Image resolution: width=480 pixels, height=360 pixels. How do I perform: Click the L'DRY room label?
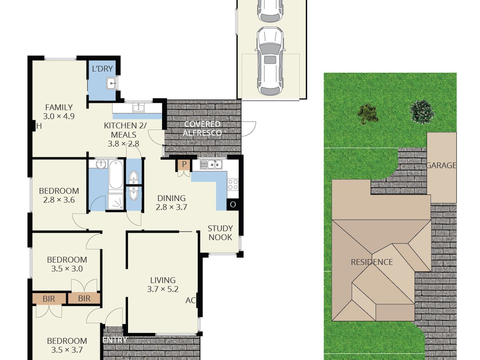pyautogui.click(x=102, y=69)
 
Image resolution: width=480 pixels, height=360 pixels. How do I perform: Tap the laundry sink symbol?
pyautogui.click(x=112, y=83)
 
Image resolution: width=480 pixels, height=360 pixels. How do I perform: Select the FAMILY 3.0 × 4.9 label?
pyautogui.click(x=59, y=112)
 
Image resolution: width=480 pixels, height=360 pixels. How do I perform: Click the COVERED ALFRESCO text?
pyautogui.click(x=202, y=128)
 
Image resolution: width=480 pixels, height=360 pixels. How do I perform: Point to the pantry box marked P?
pyautogui.click(x=184, y=164)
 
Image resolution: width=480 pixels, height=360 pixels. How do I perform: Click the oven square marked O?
pyautogui.click(x=233, y=204)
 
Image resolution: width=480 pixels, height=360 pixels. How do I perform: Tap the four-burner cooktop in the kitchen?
pyautogui.click(x=233, y=184)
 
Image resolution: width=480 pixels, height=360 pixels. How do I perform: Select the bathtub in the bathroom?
pyautogui.click(x=116, y=174)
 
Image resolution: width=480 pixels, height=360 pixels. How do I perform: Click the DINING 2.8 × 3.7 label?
pyautogui.click(x=172, y=203)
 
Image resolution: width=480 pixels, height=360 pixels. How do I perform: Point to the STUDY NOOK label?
pyautogui.click(x=220, y=233)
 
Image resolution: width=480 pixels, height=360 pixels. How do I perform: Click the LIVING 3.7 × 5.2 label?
pyautogui.click(x=163, y=284)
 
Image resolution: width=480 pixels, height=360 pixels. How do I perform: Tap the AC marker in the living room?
pyautogui.click(x=190, y=300)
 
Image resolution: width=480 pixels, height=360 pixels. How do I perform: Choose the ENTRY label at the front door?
pyautogui.click(x=115, y=340)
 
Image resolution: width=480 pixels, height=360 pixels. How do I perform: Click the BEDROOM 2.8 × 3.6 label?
pyautogui.click(x=59, y=196)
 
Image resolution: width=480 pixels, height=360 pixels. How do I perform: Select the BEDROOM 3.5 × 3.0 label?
pyautogui.click(x=67, y=264)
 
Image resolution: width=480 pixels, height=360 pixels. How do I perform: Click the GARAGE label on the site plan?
pyautogui.click(x=442, y=165)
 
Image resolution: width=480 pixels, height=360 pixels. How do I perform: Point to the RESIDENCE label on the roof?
pyautogui.click(x=372, y=262)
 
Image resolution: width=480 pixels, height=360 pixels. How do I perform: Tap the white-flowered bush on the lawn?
pyautogui.click(x=422, y=112)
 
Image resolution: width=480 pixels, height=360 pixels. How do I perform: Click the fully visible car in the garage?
pyautogui.click(x=270, y=61)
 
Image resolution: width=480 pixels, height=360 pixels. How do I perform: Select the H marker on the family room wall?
pyautogui.click(x=39, y=126)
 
